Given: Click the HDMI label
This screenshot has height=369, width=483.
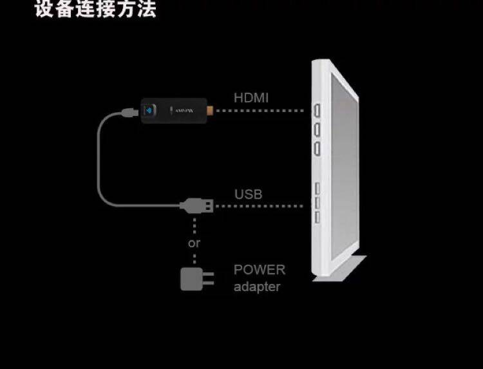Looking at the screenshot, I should click(x=251, y=98).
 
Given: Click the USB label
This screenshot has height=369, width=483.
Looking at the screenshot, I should click(x=248, y=194).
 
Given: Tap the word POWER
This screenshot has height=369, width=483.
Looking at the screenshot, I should click(x=259, y=270).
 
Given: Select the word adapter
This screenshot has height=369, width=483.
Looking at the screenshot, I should click(x=257, y=287).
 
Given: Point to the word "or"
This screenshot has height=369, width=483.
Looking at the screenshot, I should click(x=194, y=243).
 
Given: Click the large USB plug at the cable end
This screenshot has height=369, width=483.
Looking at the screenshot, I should click(x=197, y=206).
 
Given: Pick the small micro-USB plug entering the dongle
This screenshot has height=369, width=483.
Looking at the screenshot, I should click(x=129, y=113).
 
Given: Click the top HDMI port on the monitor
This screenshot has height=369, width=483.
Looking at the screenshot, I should click(x=317, y=111).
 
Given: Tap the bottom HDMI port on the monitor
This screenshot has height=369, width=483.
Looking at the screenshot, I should click(x=317, y=149).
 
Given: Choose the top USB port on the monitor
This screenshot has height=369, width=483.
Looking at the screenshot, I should click(x=317, y=189).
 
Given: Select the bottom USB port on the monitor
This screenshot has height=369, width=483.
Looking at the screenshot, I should click(x=317, y=217).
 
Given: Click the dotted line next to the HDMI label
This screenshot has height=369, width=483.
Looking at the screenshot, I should click(x=261, y=111).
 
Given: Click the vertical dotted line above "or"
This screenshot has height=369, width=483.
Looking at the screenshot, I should click(x=194, y=225).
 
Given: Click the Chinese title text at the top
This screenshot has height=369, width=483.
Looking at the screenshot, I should click(x=95, y=10).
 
